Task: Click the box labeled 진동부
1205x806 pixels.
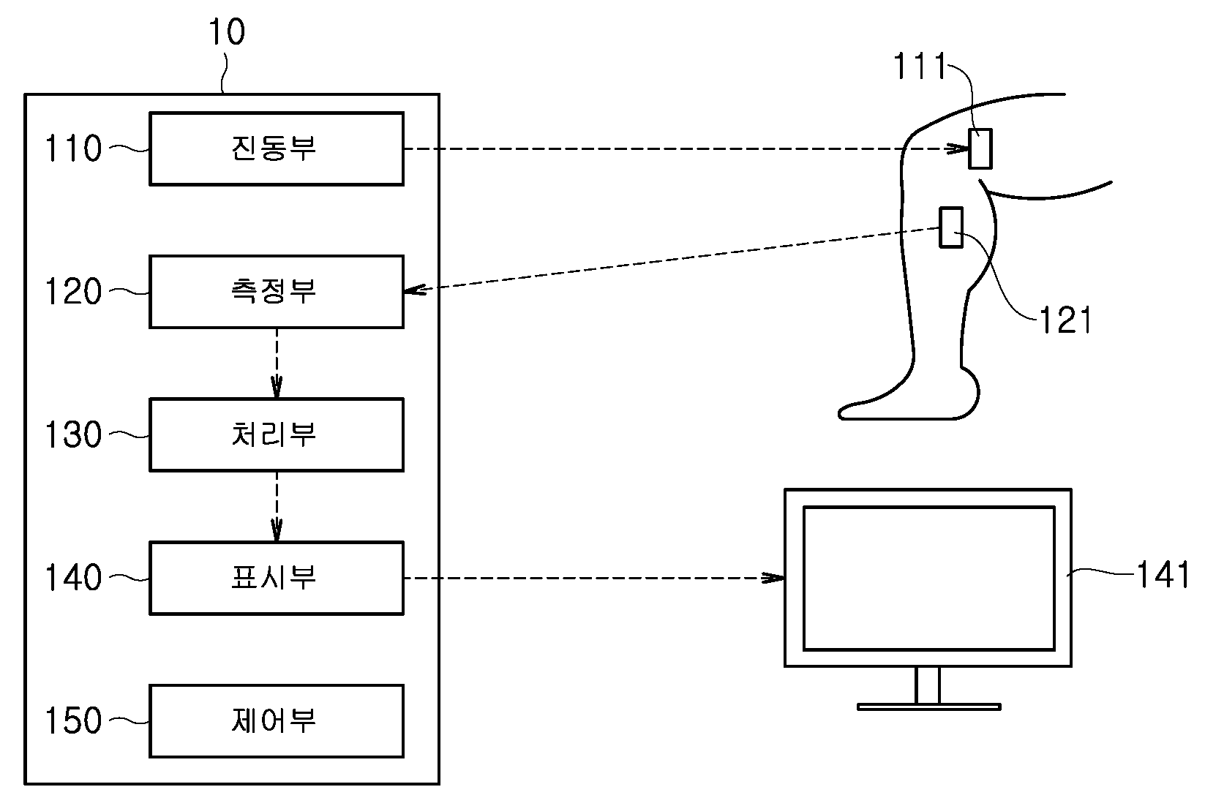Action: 277,148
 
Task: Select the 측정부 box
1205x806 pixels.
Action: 277,291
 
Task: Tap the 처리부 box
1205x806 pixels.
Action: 277,434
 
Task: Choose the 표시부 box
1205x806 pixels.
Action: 277,578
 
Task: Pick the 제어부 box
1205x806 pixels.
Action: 277,721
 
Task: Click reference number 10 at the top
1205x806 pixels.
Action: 227,31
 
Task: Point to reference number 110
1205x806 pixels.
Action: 73,148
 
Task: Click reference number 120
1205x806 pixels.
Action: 73,291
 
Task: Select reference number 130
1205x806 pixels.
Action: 73,434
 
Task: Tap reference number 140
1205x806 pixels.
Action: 73,578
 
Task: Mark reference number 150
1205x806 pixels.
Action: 73,721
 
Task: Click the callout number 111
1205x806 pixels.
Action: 920,66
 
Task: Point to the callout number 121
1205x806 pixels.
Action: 1066,320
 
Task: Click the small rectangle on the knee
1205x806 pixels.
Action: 980,149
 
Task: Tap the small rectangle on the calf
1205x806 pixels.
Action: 951,227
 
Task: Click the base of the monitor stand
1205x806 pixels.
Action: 929,707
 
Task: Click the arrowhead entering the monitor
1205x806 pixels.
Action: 773,578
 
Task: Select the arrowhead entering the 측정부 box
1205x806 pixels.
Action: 414,290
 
